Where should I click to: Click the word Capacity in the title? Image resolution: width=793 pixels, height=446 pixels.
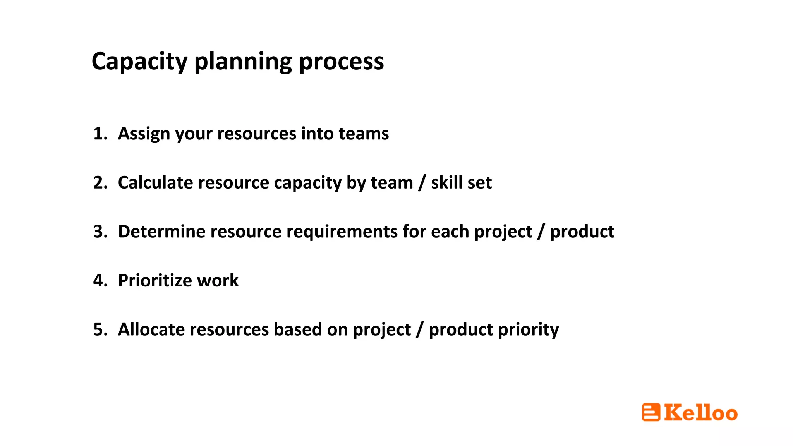pyautogui.click(x=139, y=62)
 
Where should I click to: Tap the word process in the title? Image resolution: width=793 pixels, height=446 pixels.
pyautogui.click(x=341, y=62)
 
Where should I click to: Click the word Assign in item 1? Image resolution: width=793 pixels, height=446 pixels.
pyautogui.click(x=144, y=134)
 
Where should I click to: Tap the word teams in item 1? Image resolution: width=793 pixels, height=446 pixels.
pyautogui.click(x=364, y=134)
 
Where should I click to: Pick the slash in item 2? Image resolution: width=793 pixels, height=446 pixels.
pyautogui.click(x=422, y=183)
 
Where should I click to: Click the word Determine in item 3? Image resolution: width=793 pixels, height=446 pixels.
pyautogui.click(x=161, y=232)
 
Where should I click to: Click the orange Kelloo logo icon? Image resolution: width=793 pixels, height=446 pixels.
pyautogui.click(x=651, y=412)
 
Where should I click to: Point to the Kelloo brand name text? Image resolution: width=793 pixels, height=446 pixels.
pyautogui.click(x=701, y=412)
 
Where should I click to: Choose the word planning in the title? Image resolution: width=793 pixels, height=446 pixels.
pyautogui.click(x=243, y=62)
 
